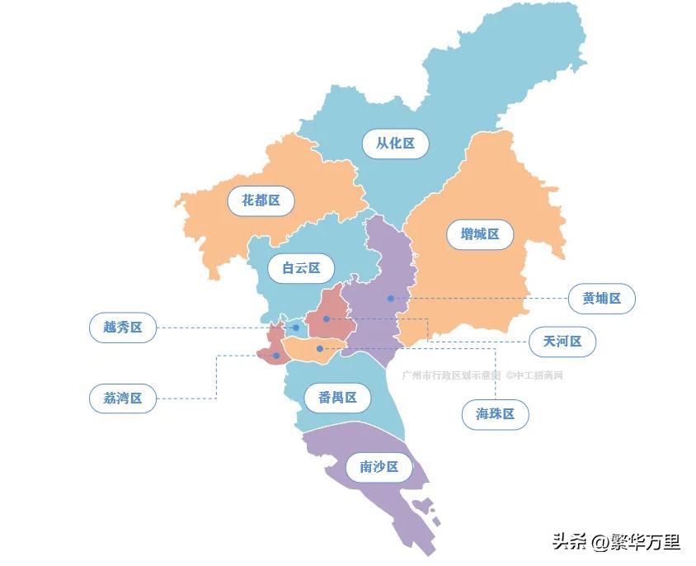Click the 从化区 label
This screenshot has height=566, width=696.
tap(395, 144)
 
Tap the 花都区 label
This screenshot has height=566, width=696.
tap(261, 200)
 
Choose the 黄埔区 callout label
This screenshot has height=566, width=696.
tap(601, 298)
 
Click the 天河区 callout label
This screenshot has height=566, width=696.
tap(562, 341)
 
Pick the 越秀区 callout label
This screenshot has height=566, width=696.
tap(123, 328)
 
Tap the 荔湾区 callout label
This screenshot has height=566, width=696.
tap(123, 399)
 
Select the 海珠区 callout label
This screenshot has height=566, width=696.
tap(495, 414)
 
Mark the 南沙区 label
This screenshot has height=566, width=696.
tap(379, 467)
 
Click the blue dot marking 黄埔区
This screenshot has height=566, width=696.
tap(391, 298)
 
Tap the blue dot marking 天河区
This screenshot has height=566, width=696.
tap(327, 318)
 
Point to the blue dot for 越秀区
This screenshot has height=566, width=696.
tap(296, 328)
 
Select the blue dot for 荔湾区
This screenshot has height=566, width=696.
tap(276, 356)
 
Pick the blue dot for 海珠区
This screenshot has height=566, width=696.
tap(320, 349)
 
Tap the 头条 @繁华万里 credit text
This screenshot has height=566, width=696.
tap(615, 542)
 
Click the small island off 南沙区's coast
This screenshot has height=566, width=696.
tap(424, 504)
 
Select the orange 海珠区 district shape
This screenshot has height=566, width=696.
tap(305, 351)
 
